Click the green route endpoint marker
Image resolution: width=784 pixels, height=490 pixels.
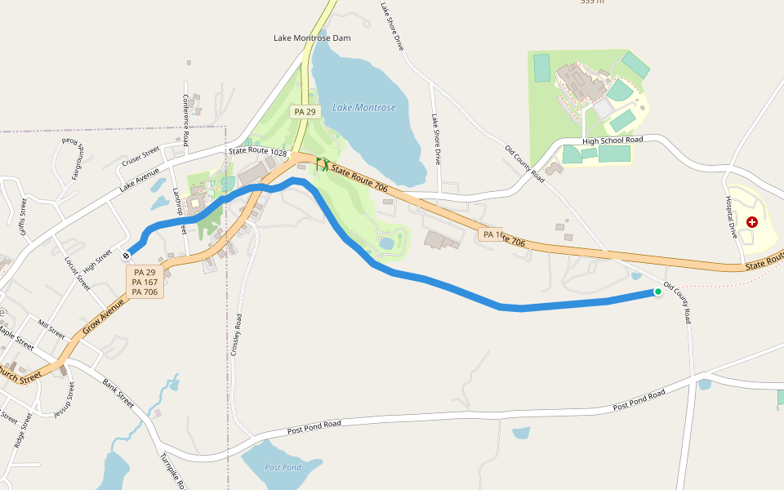[x=657, y=292]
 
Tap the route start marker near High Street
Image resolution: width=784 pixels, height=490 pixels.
[x=127, y=256]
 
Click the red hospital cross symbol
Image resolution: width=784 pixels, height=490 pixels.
[x=751, y=221]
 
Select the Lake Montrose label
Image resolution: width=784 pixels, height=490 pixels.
[x=364, y=108]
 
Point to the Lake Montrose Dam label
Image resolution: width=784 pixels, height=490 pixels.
[x=311, y=38]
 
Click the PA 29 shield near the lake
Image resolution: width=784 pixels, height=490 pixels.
[x=305, y=111]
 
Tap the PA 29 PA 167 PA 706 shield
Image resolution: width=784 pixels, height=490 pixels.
[x=145, y=282]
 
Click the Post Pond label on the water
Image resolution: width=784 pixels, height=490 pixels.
[x=283, y=467]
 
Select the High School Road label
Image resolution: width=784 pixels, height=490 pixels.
[x=612, y=140]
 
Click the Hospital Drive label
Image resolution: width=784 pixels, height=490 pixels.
[x=731, y=217]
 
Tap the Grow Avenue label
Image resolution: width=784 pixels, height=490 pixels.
[x=103, y=318]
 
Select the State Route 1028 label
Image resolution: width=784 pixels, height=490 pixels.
[x=260, y=151]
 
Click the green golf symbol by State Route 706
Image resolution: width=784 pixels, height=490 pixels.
[x=323, y=164]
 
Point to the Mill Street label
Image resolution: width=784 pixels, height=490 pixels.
[x=51, y=329]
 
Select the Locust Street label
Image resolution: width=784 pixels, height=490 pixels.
[x=77, y=273]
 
